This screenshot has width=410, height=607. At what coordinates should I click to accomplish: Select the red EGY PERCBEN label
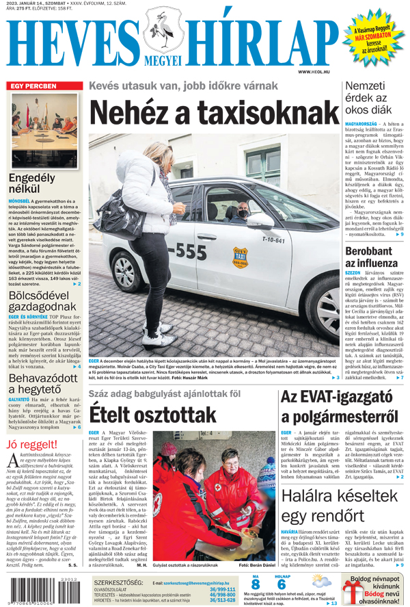coord(33,86)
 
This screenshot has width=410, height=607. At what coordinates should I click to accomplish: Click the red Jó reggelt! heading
coord(31,445)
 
